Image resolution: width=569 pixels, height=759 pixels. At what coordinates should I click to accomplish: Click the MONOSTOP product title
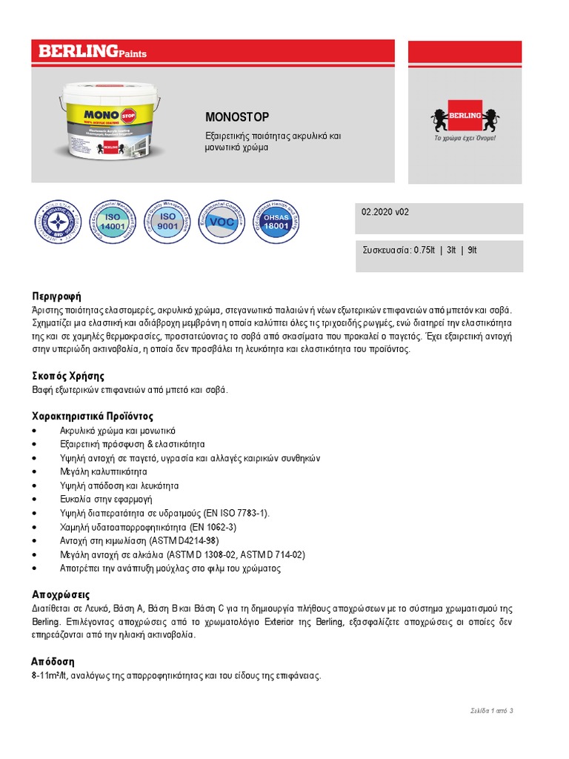[x=237, y=117]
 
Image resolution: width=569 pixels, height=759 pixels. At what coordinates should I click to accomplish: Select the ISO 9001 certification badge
[x=168, y=221]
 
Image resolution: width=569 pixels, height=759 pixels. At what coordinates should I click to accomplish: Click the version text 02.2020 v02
[x=385, y=212]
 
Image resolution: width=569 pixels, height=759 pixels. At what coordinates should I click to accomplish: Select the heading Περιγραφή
[x=56, y=296]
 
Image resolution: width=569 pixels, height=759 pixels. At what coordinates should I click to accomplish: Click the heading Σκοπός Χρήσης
[x=68, y=376]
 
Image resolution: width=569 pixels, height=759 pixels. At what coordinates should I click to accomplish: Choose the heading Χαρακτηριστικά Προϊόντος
[x=93, y=416]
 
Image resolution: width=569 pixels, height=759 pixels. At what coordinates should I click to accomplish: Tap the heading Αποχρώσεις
[x=61, y=594]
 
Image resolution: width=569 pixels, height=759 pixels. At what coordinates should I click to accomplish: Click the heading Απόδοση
[x=53, y=661]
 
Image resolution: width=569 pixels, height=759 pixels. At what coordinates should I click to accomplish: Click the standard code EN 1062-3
[x=213, y=527]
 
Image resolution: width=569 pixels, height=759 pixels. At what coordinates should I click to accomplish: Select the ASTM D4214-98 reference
[x=184, y=541]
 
